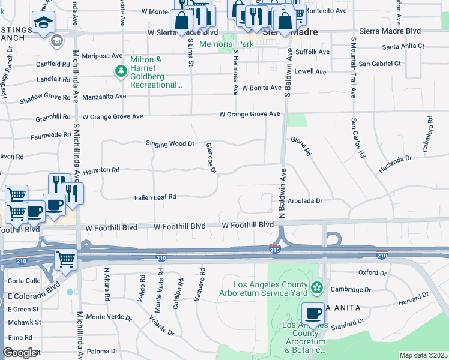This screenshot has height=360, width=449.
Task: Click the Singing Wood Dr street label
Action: click(x=170, y=143)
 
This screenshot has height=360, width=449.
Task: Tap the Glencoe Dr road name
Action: click(x=211, y=158)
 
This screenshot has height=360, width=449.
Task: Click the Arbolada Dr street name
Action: click(x=305, y=201)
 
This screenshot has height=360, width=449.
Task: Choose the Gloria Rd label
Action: click(x=301, y=146)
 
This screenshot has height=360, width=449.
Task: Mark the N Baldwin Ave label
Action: click(x=282, y=193)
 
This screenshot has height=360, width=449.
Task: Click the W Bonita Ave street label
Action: click(x=262, y=88)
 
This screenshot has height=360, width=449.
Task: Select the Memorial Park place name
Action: click(x=243, y=44)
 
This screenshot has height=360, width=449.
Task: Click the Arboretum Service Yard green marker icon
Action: click(x=317, y=289)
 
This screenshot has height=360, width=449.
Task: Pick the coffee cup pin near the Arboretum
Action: click(x=313, y=313)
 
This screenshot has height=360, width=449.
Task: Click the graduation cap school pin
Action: click(x=43, y=23)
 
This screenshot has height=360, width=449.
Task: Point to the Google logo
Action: click(x=20, y=353)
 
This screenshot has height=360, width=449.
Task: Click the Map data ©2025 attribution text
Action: click(x=423, y=355)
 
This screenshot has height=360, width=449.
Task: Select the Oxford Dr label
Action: click(x=372, y=272)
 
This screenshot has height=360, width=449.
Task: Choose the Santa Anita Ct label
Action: click(x=403, y=46)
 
